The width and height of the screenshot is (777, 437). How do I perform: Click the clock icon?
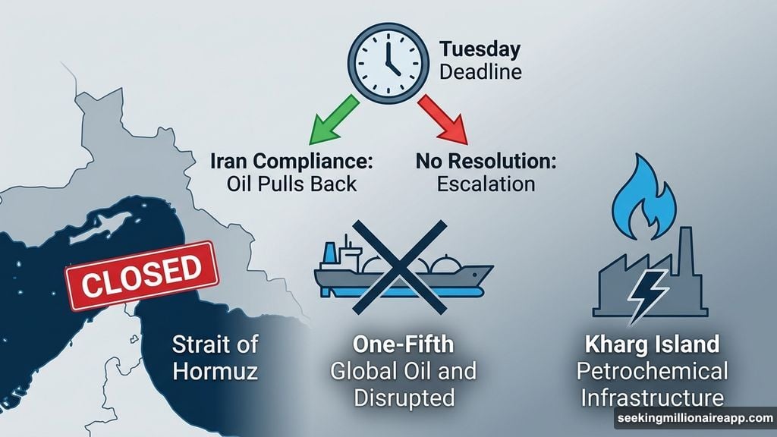click(388, 58)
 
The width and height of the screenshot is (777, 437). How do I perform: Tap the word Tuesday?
click(480, 50)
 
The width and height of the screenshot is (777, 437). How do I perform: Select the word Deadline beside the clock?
click(480, 74)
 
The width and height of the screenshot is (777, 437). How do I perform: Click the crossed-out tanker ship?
click(403, 270)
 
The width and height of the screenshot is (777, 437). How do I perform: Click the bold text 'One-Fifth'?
click(403, 344)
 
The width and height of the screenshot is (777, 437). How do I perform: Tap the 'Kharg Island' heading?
click(651, 345)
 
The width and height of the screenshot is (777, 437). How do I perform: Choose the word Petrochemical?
click(651, 372)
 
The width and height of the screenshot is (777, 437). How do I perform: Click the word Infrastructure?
click(651, 398)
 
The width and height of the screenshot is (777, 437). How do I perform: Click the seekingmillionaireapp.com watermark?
click(694, 419)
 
